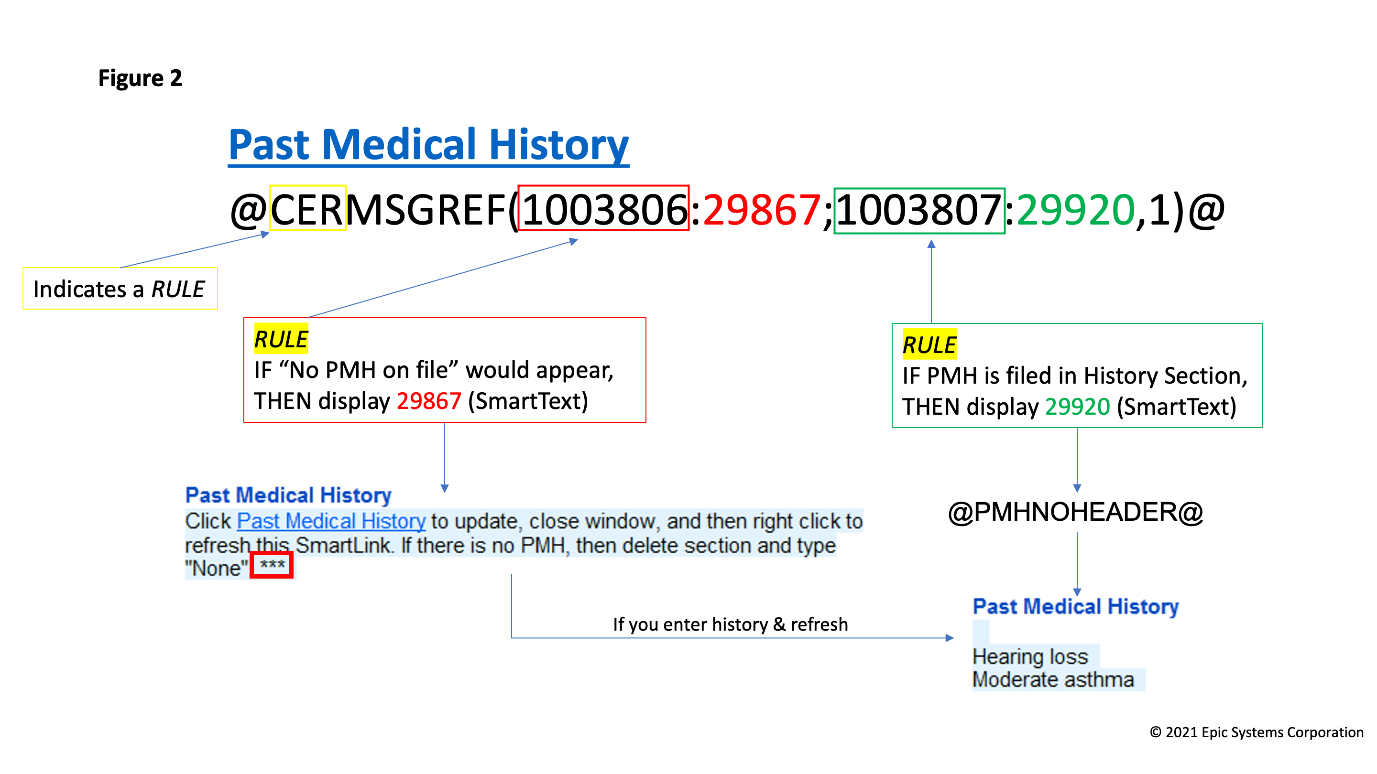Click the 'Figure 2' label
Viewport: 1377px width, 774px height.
[x=140, y=78]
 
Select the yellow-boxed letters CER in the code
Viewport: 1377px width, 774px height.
[x=307, y=208]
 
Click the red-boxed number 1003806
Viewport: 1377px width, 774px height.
[x=603, y=208]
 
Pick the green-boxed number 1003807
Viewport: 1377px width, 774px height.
[x=919, y=210]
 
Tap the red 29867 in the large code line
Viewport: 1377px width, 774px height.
[x=761, y=209]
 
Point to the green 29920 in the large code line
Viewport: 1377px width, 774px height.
[x=1075, y=210]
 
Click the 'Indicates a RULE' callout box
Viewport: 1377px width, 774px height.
[x=120, y=289]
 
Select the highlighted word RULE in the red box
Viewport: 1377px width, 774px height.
[x=281, y=339]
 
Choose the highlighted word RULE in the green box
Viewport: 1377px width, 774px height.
[x=929, y=344]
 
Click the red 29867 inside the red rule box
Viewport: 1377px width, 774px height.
[x=429, y=401]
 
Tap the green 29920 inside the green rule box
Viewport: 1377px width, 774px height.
[x=1077, y=407]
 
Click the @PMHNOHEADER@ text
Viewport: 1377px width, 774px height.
[x=1075, y=512]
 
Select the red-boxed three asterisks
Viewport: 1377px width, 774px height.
[x=272, y=565]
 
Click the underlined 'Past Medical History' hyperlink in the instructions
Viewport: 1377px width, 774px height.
[x=331, y=521]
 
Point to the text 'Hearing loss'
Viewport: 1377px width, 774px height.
[x=1030, y=656]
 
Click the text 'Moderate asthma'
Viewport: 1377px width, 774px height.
[x=1053, y=679]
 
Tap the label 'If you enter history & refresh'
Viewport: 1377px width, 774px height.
[x=730, y=624]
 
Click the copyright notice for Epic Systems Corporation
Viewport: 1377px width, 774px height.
[x=1256, y=732]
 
